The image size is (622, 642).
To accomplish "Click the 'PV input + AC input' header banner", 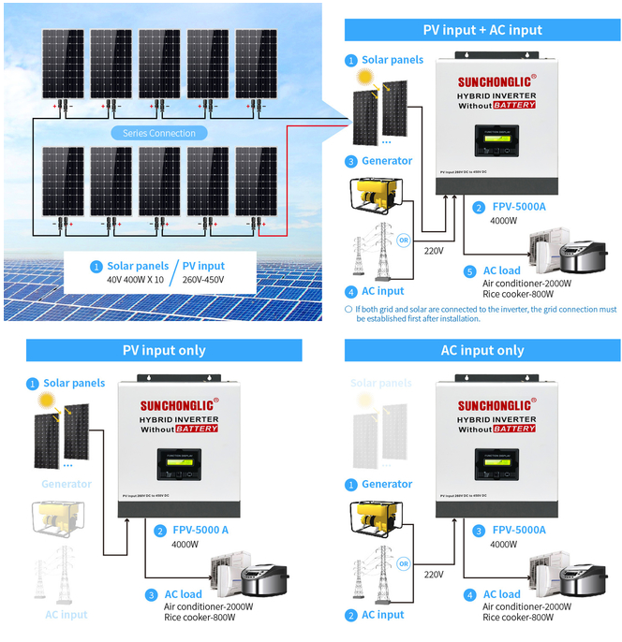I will pos(482,30).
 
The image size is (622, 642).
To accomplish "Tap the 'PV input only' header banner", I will pos(164,350).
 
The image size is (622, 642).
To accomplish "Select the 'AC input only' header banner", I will pos(482,350).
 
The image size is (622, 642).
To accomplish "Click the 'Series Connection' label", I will pos(159,133).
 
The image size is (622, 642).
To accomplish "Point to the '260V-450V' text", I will pos(203,280).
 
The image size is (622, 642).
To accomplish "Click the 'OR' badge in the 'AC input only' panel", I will pos(404,563).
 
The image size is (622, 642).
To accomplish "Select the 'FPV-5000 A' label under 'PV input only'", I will pos(200,530).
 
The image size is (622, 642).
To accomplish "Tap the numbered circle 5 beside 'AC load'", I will pos(469,271).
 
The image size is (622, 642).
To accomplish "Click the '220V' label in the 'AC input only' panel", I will pos(433,574).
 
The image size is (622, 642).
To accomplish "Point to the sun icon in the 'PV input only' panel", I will pos(44,401).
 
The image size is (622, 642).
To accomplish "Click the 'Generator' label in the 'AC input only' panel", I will pos(387,485).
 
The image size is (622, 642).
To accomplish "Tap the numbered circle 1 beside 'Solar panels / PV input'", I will pos(96,267).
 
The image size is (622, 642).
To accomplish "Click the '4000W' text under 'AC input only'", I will pos(504,544).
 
